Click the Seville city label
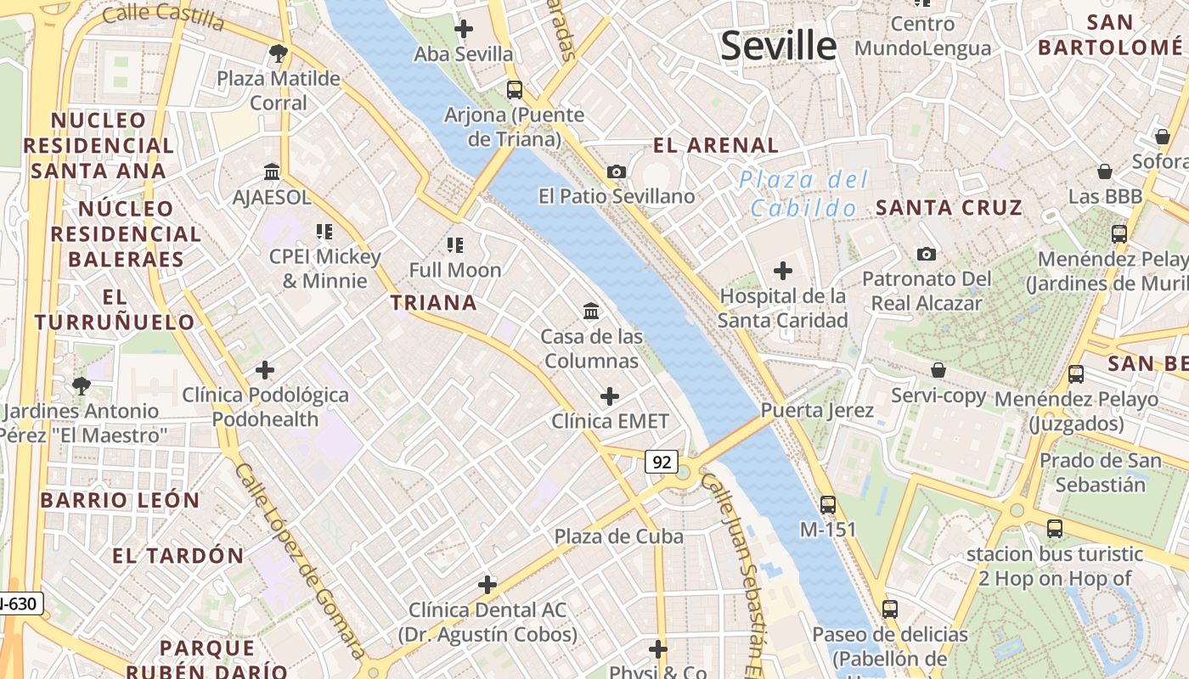778,45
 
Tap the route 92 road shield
662,462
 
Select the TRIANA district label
433,303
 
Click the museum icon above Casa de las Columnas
591,311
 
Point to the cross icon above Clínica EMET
609,396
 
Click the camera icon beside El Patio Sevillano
617,171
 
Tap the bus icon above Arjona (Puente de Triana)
514,89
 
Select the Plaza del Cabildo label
803,194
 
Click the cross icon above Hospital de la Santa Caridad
782,271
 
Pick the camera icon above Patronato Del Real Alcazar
926,254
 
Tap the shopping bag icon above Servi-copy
938,370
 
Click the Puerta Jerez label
817,411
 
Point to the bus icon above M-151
827,504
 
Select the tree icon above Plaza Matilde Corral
277,54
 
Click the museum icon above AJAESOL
272,171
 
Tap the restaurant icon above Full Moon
455,245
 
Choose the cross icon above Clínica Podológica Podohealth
265,370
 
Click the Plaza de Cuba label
618,536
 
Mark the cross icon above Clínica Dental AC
487,584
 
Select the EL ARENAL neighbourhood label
715,145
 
